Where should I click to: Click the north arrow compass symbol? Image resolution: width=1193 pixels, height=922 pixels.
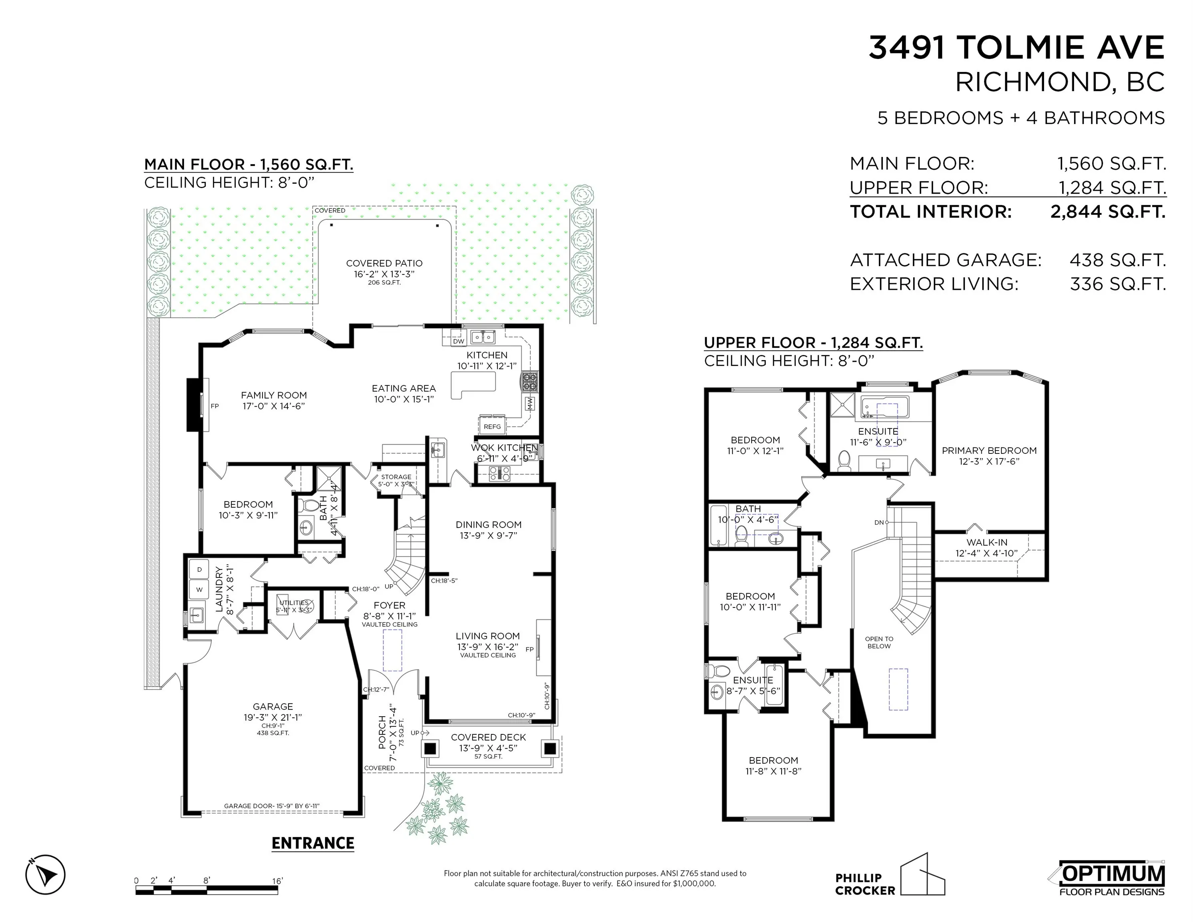pyautogui.click(x=45, y=874)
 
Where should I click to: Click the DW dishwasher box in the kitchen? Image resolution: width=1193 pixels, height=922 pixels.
pyautogui.click(x=458, y=341)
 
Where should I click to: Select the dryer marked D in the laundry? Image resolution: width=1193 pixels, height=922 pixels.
pyautogui.click(x=199, y=570)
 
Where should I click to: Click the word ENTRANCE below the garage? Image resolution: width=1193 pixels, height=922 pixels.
pyautogui.click(x=313, y=843)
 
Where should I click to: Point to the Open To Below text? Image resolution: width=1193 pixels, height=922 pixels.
pyautogui.click(x=879, y=642)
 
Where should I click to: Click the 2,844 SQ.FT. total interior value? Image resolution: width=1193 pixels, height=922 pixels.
pyautogui.click(x=1108, y=211)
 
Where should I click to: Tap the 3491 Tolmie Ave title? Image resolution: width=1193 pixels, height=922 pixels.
pyautogui.click(x=1017, y=48)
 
